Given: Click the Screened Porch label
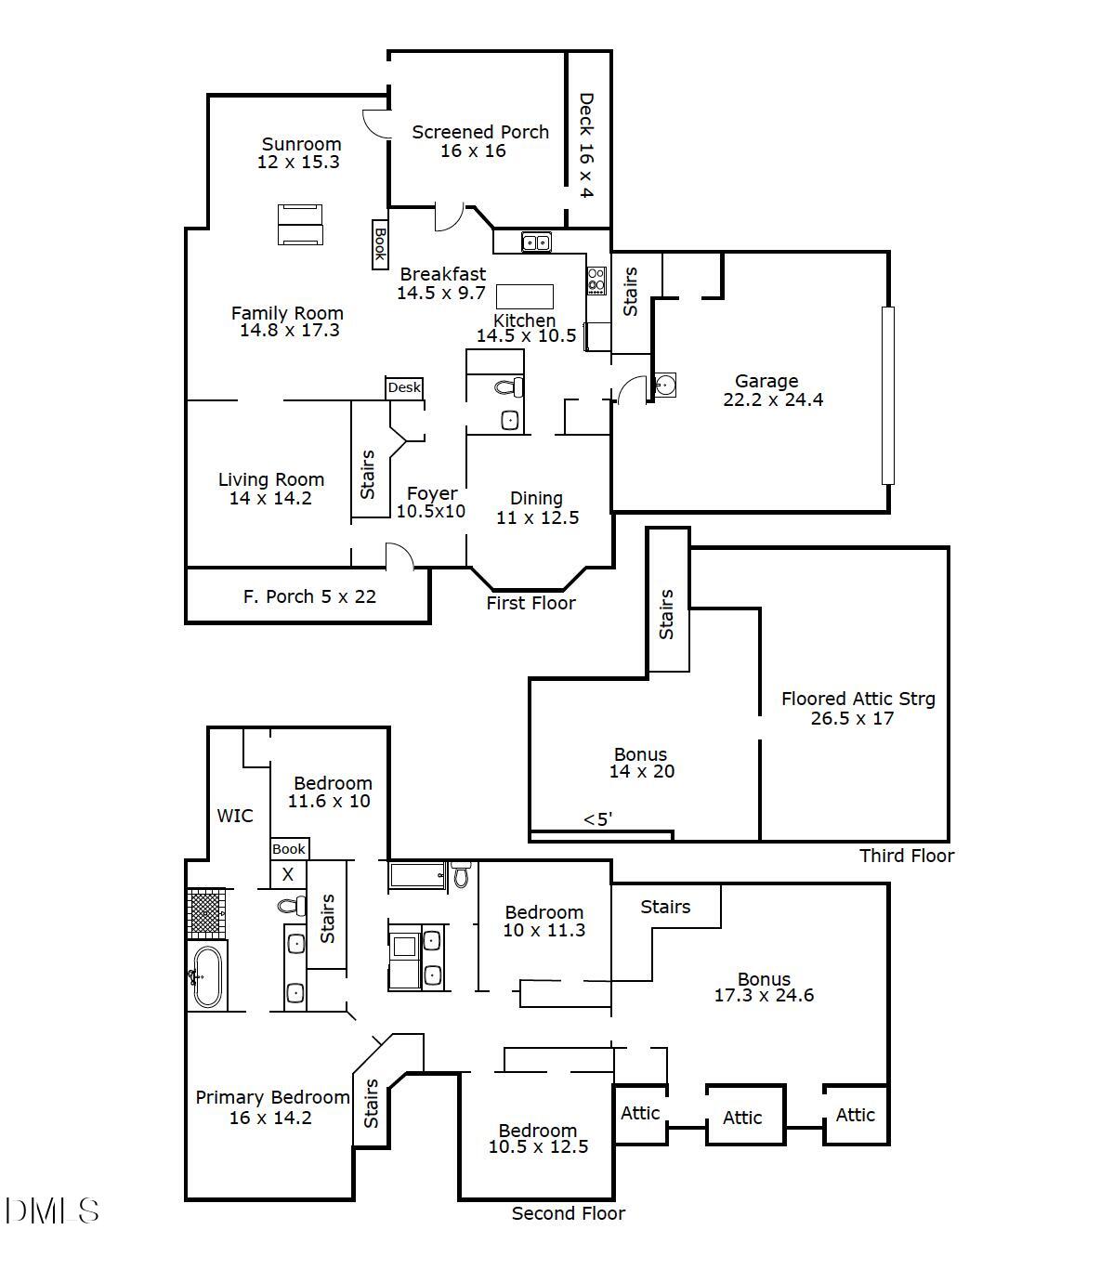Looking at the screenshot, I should tap(479, 141).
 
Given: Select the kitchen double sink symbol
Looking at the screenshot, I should tap(536, 242).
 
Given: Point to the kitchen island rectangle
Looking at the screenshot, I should tap(525, 296).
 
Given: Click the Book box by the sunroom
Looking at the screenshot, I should tap(379, 244).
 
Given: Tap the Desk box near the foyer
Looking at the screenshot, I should tap(404, 387).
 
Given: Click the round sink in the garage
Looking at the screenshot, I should tap(665, 385).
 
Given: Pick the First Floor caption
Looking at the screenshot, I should tap(530, 603).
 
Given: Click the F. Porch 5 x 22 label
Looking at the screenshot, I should tap(309, 596).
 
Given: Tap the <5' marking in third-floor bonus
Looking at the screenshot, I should tap(597, 819).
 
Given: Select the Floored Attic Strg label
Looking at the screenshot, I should tap(857, 708).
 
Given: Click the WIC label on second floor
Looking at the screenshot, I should tap(234, 816).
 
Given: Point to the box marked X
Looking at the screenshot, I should tap(288, 874).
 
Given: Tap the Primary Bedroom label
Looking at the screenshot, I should tap(271, 1107).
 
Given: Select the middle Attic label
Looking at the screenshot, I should tap(742, 1118).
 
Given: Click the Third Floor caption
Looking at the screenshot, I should tap(906, 856).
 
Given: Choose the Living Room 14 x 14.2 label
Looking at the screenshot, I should tap(270, 489).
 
